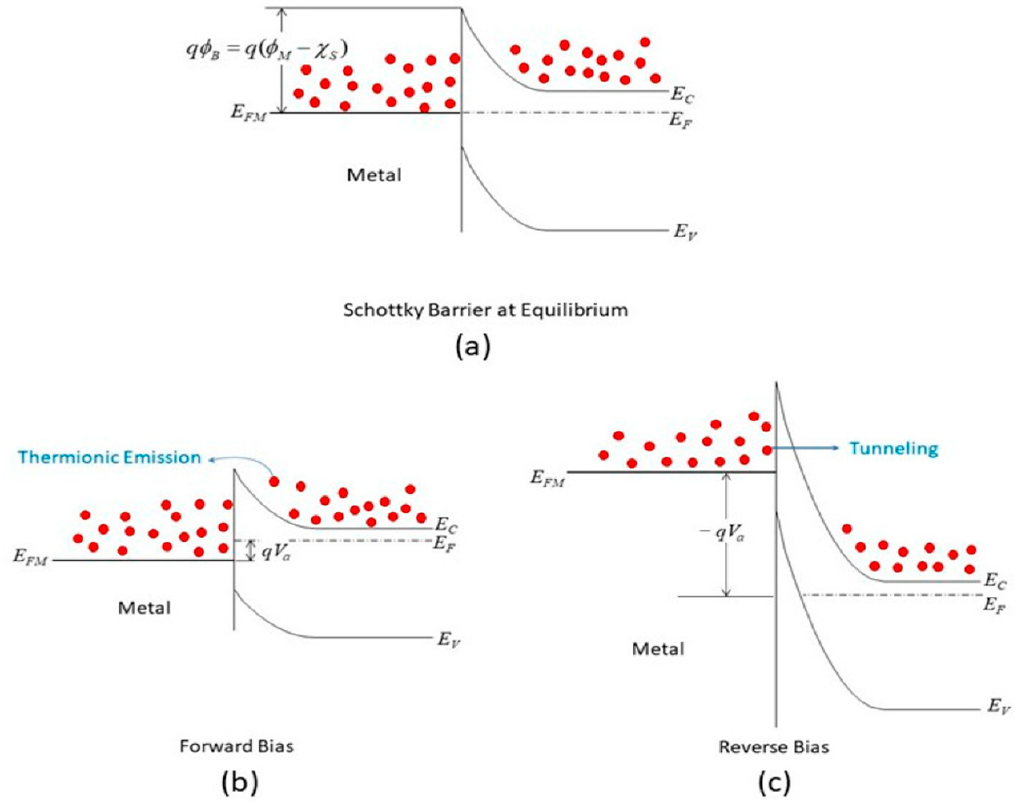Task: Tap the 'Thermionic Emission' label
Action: click(x=109, y=457)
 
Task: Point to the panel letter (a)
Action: click(x=473, y=347)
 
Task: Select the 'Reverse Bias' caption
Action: click(x=774, y=747)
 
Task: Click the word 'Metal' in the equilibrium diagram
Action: click(x=374, y=175)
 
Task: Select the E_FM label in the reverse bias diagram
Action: click(x=547, y=478)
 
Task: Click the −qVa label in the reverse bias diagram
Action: click(x=722, y=533)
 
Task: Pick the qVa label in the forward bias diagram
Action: click(x=276, y=553)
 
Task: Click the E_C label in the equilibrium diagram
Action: click(x=682, y=96)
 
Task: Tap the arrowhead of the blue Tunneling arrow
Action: click(x=836, y=448)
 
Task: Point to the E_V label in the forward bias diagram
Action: click(x=448, y=640)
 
